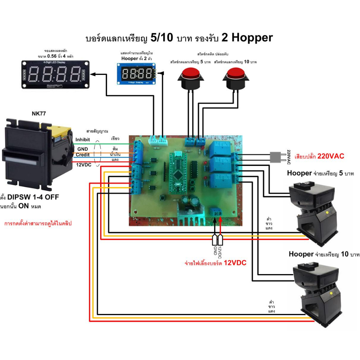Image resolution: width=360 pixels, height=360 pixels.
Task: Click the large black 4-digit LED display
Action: pos(56,74)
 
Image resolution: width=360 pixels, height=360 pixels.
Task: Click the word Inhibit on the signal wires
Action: pos(83,140)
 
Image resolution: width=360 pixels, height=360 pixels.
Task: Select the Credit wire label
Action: pos(83,155)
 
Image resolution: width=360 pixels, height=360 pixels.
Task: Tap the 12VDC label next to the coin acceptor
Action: pos(84,164)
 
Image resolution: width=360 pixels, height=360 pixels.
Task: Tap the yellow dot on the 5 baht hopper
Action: pos(328,212)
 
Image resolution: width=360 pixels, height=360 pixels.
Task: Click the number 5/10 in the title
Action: pos(161,38)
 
